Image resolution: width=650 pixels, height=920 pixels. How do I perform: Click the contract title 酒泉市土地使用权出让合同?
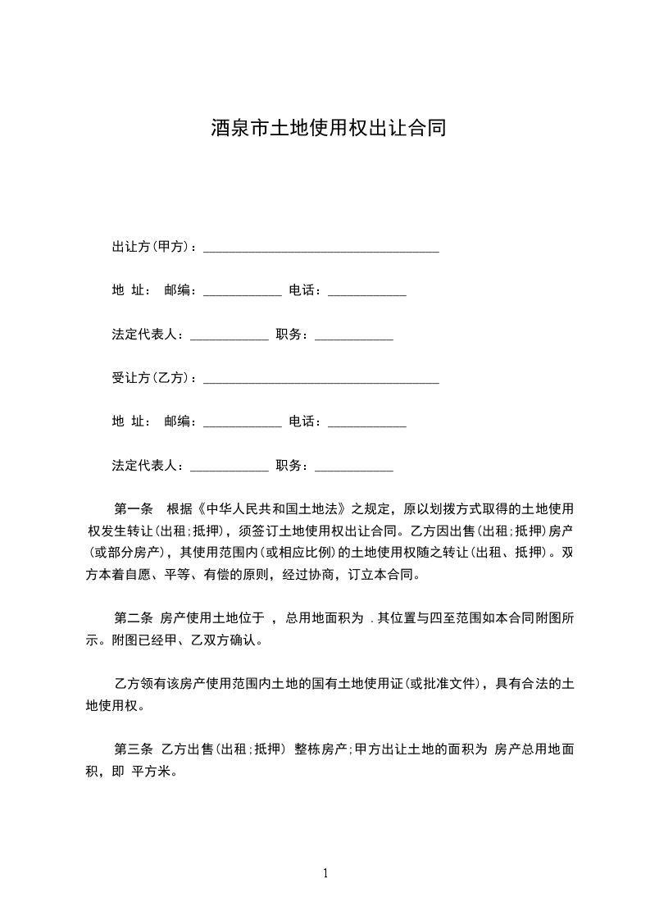point(328,129)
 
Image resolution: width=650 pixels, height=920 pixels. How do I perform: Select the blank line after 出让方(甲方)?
point(320,248)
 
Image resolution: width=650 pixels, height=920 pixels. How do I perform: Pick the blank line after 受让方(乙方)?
point(320,380)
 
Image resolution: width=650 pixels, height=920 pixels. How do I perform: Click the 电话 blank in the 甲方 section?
point(366,293)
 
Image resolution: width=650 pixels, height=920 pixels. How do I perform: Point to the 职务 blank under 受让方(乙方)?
point(353,469)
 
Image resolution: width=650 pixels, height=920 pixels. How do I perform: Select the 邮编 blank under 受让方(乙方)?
point(242,425)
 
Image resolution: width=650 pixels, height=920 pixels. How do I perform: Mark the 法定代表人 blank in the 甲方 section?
point(229,337)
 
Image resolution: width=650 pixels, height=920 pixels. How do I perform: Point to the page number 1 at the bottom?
point(325,873)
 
